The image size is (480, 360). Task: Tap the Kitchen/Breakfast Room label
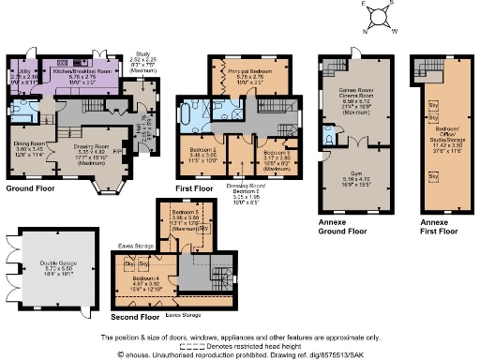click(83, 70)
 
